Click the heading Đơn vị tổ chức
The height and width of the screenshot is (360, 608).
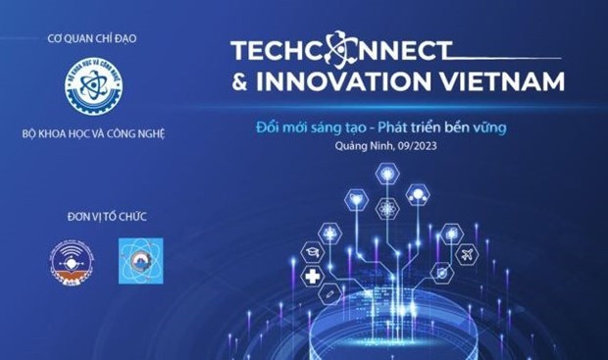[x=92, y=216]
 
